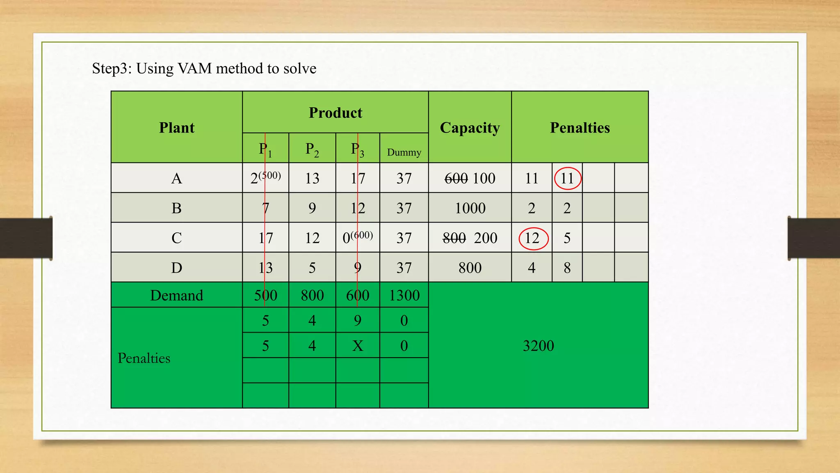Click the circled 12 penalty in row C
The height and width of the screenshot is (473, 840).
tap(533, 238)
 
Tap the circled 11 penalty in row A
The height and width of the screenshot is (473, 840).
tap(567, 179)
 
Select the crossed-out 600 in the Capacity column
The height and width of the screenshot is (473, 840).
tap(456, 179)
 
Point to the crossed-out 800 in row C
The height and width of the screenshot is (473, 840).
tap(454, 238)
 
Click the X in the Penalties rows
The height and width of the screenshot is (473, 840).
tap(358, 346)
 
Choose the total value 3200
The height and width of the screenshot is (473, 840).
tap(538, 346)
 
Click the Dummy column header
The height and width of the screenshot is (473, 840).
tap(404, 152)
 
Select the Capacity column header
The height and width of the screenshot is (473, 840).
tap(470, 128)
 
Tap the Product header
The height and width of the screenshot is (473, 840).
tap(335, 113)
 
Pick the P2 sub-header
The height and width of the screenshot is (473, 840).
tap(312, 149)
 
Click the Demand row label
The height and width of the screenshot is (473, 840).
tap(176, 295)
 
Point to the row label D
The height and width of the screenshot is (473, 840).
tap(176, 268)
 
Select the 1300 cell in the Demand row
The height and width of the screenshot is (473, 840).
tap(404, 295)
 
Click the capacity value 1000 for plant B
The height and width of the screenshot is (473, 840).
tap(470, 208)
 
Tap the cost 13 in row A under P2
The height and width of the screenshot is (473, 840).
tap(312, 179)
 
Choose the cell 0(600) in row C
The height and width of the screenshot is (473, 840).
tap(357, 238)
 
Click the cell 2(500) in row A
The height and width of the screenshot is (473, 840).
tap(265, 178)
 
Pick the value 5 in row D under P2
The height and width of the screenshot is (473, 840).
tap(312, 268)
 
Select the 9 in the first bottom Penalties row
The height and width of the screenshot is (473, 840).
tap(358, 320)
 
